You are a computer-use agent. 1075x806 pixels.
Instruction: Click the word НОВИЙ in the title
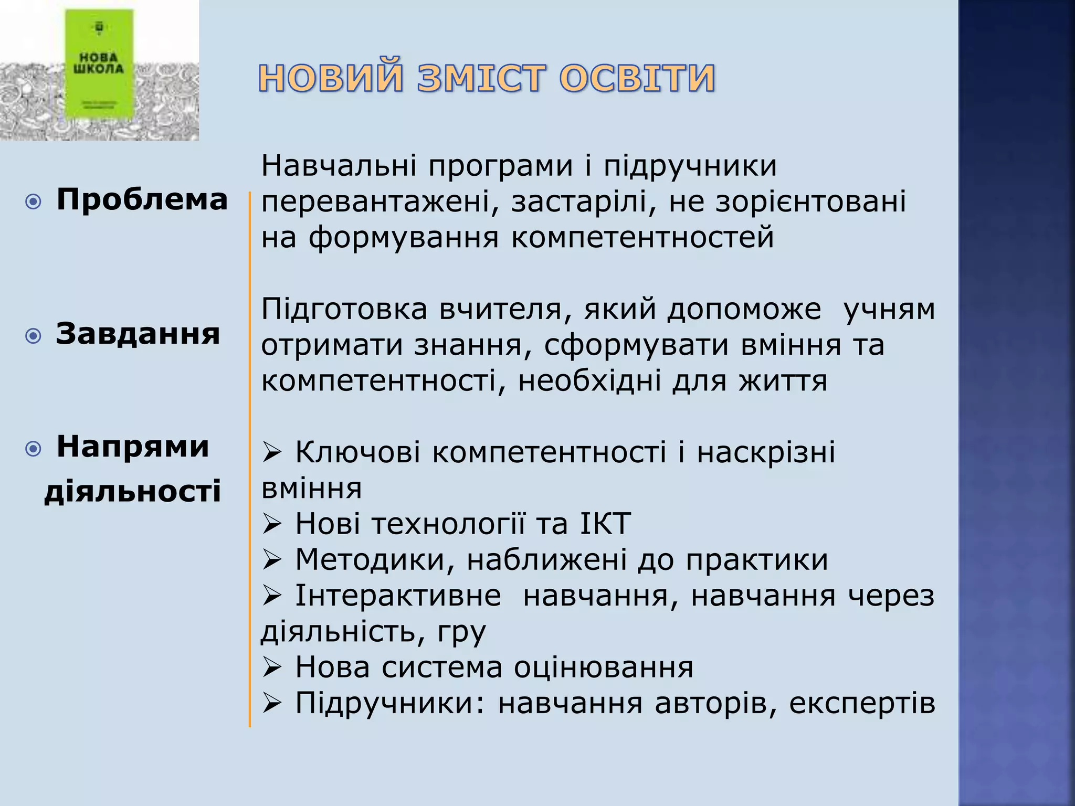tap(331, 78)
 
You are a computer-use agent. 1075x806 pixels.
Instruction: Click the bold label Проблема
tap(142, 200)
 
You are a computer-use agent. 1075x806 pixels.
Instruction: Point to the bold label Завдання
tap(138, 334)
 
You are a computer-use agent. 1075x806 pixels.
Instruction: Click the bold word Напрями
tap(133, 447)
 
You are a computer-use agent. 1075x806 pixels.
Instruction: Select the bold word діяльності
tap(132, 492)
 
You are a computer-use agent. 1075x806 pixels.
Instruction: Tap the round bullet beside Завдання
tap(33, 336)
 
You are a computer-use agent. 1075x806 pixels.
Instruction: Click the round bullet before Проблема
tap(33, 201)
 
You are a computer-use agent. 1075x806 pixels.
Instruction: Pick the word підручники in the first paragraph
tap(690, 166)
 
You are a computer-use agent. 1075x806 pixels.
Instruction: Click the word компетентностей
tap(642, 237)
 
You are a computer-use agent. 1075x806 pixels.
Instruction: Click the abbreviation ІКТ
tap(605, 524)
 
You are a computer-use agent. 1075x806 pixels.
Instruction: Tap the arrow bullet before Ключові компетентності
tap(272, 452)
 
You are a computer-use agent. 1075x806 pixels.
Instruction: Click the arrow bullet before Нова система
tap(272, 667)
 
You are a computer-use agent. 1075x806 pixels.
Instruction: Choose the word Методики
tap(370, 559)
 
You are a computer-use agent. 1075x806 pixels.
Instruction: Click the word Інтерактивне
tap(398, 596)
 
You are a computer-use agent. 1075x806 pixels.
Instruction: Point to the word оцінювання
tap(603, 667)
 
